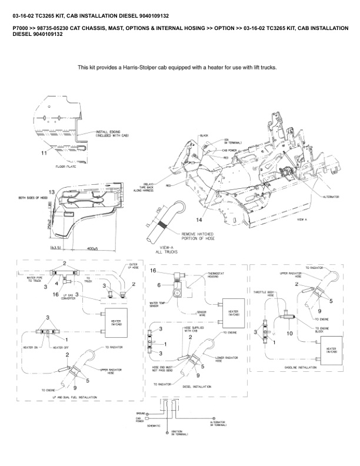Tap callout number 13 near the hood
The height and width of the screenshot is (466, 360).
point(51,192)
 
